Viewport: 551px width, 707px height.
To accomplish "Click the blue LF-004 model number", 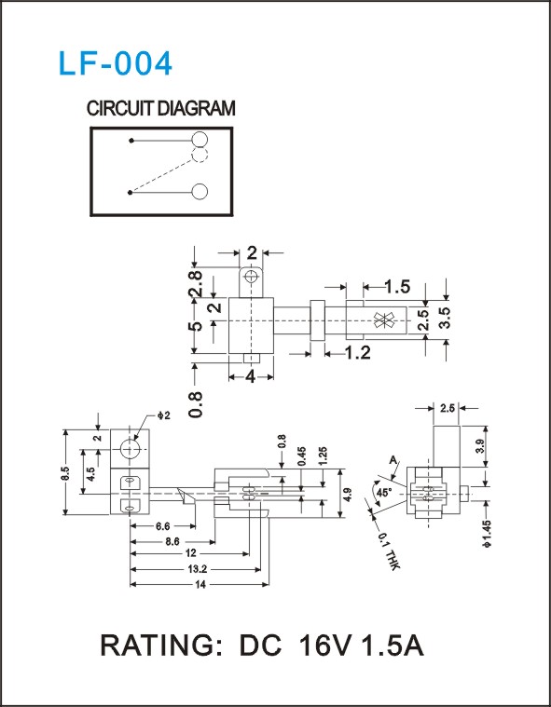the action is click(x=116, y=63).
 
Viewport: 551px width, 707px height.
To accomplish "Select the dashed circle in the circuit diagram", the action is click(x=200, y=155).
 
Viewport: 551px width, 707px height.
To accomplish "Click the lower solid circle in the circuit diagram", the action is click(x=200, y=192).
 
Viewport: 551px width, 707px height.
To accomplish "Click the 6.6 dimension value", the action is click(x=162, y=526).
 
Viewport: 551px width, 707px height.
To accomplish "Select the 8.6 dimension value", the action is click(x=172, y=541).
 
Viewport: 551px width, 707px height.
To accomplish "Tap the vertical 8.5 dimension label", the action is click(x=65, y=473).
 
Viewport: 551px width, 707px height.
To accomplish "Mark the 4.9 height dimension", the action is click(x=347, y=494).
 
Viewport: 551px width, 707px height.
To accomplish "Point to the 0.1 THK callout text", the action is click(x=388, y=551).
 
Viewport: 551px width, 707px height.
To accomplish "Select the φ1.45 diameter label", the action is click(x=487, y=534).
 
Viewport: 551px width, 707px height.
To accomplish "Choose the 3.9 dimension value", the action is click(x=480, y=446).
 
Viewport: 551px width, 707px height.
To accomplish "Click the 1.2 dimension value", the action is click(x=357, y=353).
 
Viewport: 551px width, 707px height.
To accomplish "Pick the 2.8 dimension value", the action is click(x=197, y=283).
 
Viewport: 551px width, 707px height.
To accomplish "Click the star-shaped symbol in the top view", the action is click(x=384, y=320).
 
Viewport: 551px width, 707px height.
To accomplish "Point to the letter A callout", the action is click(x=393, y=460).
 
